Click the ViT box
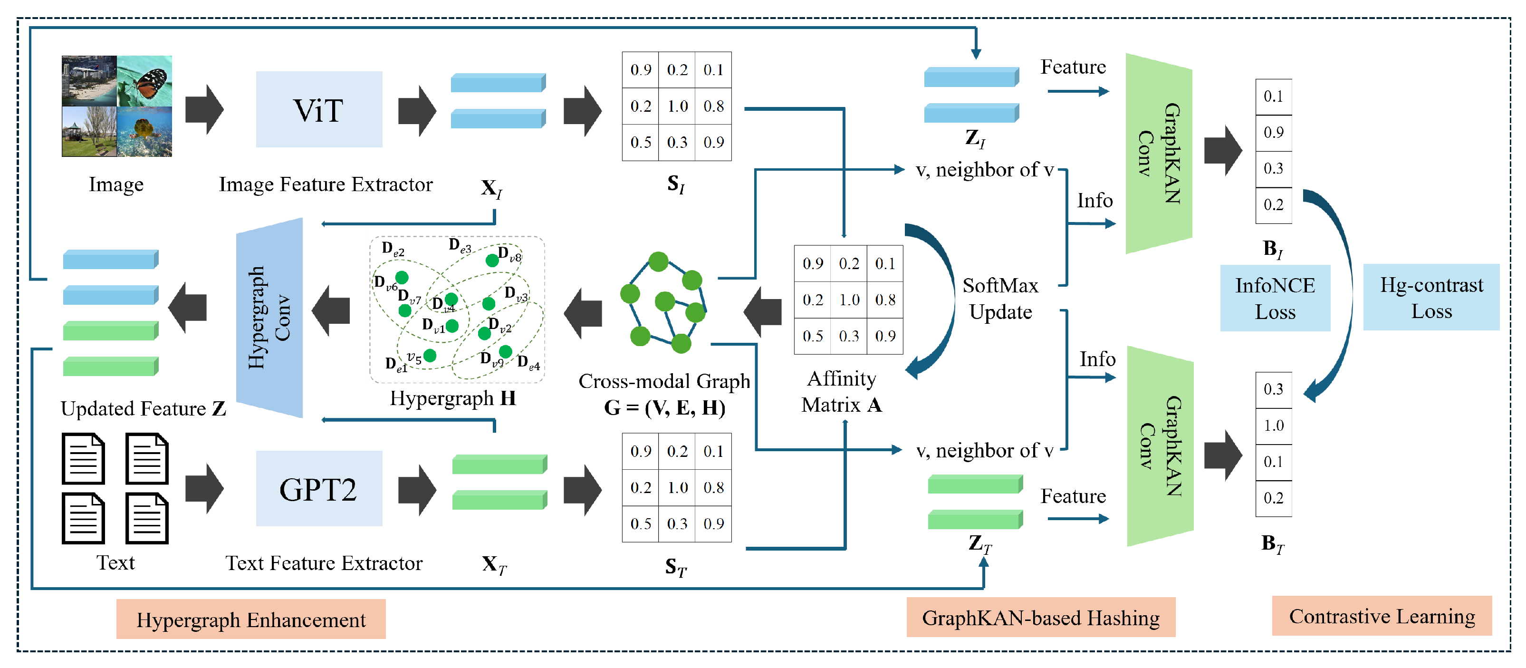pos(319,110)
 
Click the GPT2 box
pos(319,489)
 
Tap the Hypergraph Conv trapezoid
pos(269,318)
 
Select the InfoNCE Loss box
pos(1274,298)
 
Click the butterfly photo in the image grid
pos(144,81)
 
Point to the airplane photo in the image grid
pos(89,81)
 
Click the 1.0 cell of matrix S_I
pos(677,106)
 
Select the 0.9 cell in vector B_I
pos(1273,132)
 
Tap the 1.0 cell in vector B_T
pos(1273,426)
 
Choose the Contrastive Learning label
pos(1382,617)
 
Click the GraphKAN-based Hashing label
pos(1040,618)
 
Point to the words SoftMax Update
pos(1000,299)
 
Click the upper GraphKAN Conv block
pos(1159,154)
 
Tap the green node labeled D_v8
pos(492,260)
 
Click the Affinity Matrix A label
pos(841,392)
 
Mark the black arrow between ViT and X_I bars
pos(417,110)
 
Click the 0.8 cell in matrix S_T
pos(713,487)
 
